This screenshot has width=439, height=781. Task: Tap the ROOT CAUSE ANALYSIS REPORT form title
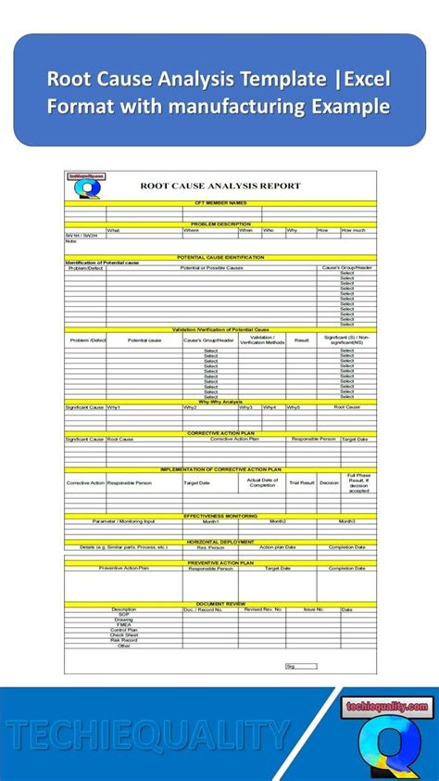point(220,186)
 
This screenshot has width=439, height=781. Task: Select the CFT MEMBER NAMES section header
point(220,202)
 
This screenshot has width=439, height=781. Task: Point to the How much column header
point(353,230)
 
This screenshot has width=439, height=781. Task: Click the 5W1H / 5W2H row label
point(78,237)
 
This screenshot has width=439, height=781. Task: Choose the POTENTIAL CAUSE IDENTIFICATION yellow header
point(220,257)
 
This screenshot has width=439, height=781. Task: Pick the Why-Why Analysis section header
point(220,401)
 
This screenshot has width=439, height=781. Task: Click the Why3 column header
point(245,407)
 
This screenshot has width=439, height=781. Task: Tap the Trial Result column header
point(301,483)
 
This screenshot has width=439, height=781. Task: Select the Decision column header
point(329,483)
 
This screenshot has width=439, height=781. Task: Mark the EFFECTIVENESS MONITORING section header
point(220,515)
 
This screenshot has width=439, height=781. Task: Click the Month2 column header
point(277,521)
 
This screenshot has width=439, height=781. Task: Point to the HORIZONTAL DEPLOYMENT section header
point(220,541)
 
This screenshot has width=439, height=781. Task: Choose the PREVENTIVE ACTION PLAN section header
point(220,562)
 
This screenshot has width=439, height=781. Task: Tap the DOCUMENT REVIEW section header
point(220,603)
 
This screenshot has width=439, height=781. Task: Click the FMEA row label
point(123,624)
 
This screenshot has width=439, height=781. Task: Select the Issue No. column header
point(313,609)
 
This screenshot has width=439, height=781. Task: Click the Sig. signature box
point(289,665)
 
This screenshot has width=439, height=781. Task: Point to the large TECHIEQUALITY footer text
point(148,736)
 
